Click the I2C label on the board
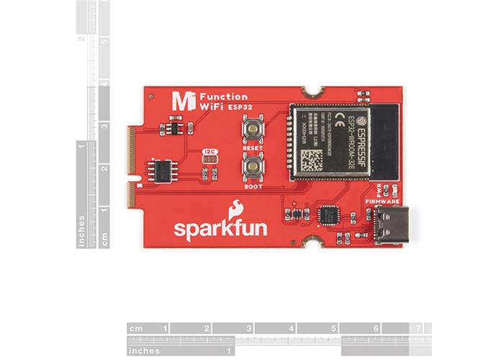[210, 152]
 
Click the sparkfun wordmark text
[220, 229]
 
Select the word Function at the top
[223, 96]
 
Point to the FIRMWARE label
[382, 202]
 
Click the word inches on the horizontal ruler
[145, 351]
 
